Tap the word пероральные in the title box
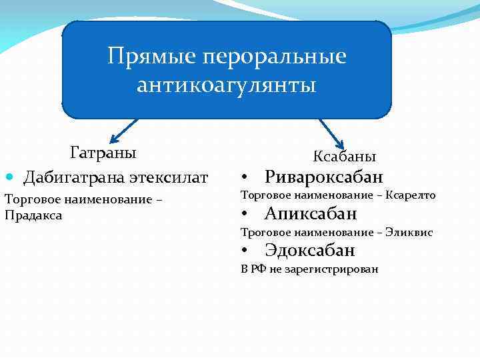[x=273, y=56]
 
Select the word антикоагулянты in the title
[x=226, y=85]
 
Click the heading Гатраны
[x=103, y=153]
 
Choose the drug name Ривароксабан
[x=324, y=177]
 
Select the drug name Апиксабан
[x=311, y=213]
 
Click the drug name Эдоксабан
[x=309, y=250]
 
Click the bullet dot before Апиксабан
[x=245, y=215]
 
